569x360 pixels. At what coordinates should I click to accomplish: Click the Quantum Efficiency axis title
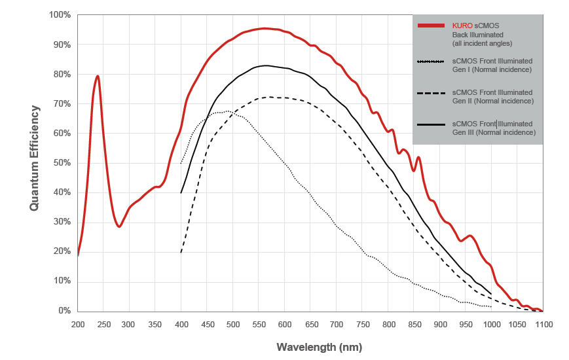[35, 159]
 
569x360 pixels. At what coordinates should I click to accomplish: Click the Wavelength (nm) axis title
[319, 347]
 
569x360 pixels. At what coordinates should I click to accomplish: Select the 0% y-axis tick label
[63, 311]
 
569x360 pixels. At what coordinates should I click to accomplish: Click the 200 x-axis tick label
[78, 324]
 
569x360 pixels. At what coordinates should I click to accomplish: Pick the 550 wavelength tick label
[259, 324]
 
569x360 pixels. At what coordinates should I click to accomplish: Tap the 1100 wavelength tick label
[543, 324]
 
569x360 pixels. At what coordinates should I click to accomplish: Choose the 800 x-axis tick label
[388, 324]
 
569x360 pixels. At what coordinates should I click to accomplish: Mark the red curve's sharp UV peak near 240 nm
[98, 76]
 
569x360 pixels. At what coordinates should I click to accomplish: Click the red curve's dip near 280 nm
[119, 226]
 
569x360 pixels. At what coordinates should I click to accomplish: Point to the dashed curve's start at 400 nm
[181, 251]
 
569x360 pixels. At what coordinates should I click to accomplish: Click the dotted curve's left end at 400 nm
[181, 163]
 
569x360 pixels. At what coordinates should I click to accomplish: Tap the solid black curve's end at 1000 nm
[491, 293]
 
